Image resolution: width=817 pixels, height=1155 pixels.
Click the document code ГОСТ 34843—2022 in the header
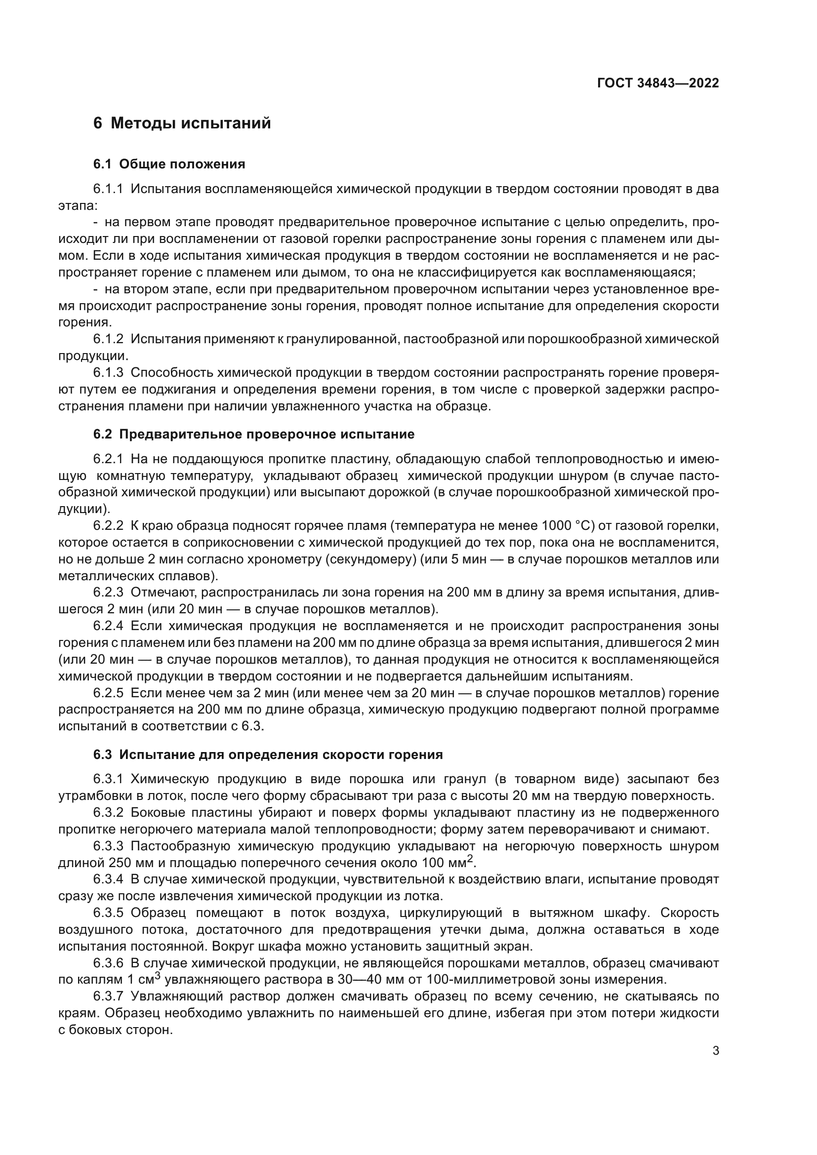coord(657,83)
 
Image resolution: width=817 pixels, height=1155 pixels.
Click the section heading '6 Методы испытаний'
coord(182,123)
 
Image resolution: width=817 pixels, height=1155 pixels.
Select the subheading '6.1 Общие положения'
coord(169,164)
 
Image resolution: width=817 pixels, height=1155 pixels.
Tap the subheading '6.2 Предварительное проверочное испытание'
coord(253,434)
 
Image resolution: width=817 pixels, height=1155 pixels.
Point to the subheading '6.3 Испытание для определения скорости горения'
coord(268,755)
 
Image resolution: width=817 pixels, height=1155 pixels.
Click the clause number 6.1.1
coord(108,189)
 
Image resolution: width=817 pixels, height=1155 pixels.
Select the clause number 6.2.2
coord(108,526)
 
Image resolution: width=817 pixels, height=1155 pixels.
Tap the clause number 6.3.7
coord(108,996)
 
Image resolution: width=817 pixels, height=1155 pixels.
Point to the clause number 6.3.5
coord(108,913)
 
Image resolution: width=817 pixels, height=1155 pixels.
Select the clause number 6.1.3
coord(108,373)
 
